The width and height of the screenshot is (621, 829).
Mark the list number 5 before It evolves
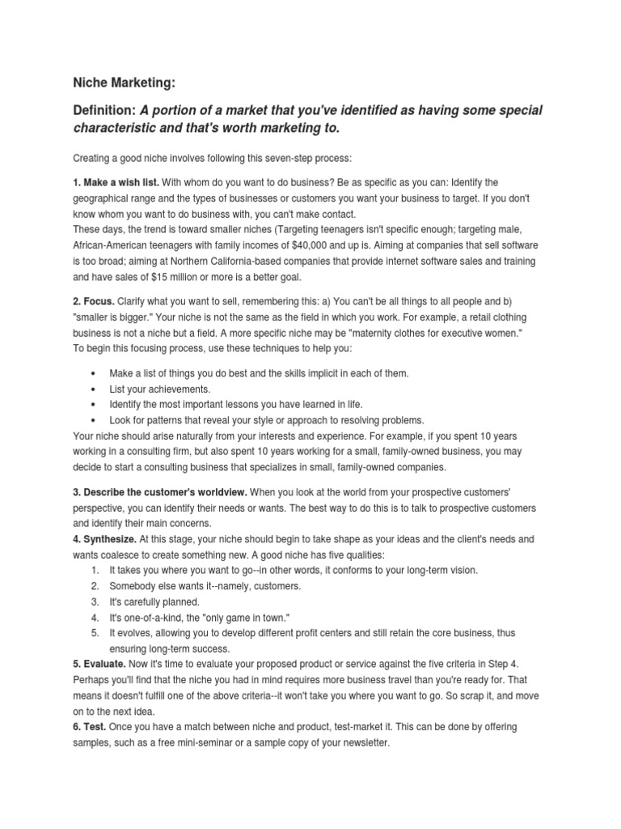coord(95,632)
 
